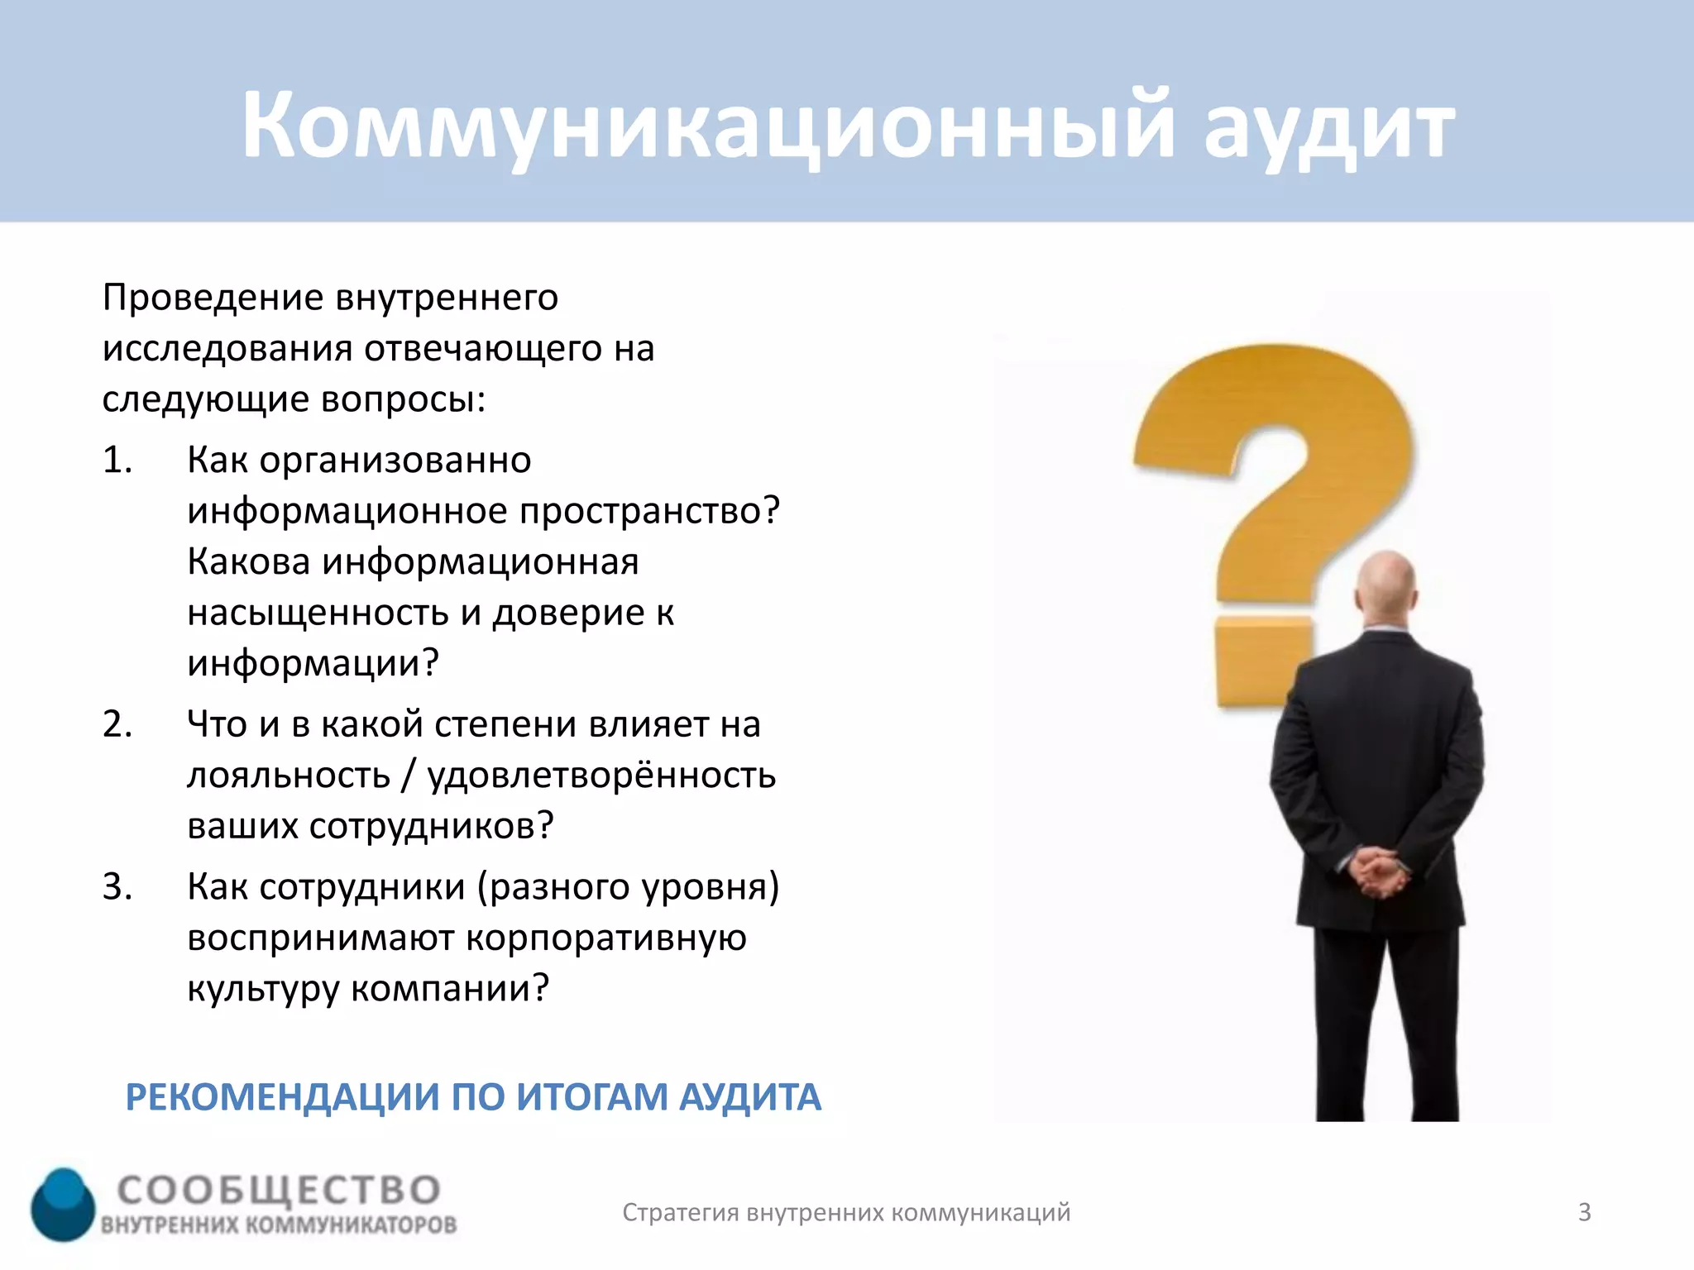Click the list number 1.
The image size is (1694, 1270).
pos(117,460)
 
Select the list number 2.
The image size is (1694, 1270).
pos(117,724)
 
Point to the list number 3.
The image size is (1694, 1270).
pos(117,886)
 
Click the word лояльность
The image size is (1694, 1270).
pos(289,776)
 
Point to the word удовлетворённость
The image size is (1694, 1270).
pos(601,776)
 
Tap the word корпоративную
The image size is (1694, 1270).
pos(606,938)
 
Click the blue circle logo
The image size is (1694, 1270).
pos(64,1204)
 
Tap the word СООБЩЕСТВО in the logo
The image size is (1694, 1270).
pos(279,1190)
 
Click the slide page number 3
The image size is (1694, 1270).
pos(1584,1212)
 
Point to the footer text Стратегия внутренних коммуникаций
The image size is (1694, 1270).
pos(846,1212)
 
